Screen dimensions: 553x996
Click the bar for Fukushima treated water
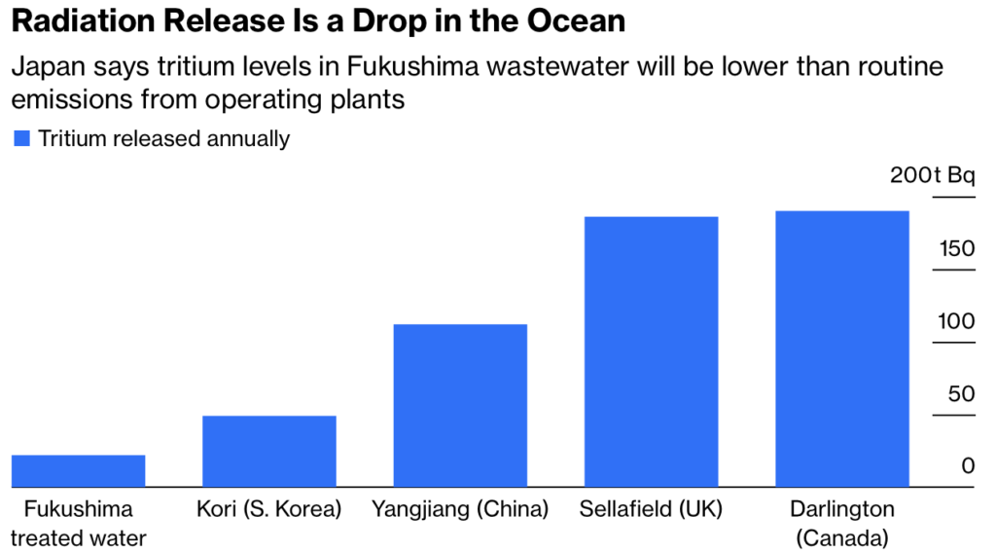click(78, 470)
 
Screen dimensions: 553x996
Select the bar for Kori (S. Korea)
click(269, 451)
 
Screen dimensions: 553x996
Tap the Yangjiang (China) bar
click(460, 405)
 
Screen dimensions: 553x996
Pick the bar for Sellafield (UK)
click(651, 351)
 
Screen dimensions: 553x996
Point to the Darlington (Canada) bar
click(842, 349)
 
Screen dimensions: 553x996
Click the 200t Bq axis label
click(931, 175)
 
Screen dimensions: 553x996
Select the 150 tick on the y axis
click(956, 249)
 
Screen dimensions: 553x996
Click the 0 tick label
click(968, 466)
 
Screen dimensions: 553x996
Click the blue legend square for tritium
click(21, 138)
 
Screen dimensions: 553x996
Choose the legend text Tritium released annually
click(164, 138)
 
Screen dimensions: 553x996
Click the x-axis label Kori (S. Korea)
click(269, 509)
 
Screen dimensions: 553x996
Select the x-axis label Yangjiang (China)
click(460, 509)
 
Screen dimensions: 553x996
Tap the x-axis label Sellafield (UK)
click(651, 509)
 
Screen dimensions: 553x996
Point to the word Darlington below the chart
click(842, 509)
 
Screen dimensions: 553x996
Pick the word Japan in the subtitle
click(44, 68)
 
